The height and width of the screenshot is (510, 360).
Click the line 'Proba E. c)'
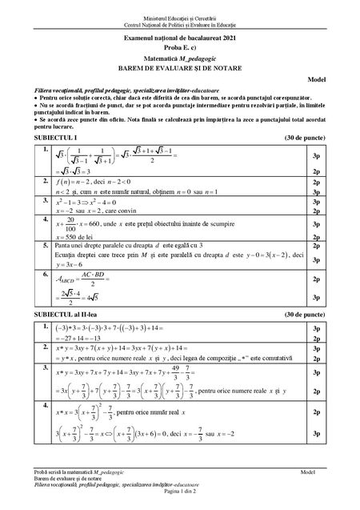coord(180,46)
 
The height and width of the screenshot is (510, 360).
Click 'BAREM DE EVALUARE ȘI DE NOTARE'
coord(180,67)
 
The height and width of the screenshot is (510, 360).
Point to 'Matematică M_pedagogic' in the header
coord(180,57)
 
